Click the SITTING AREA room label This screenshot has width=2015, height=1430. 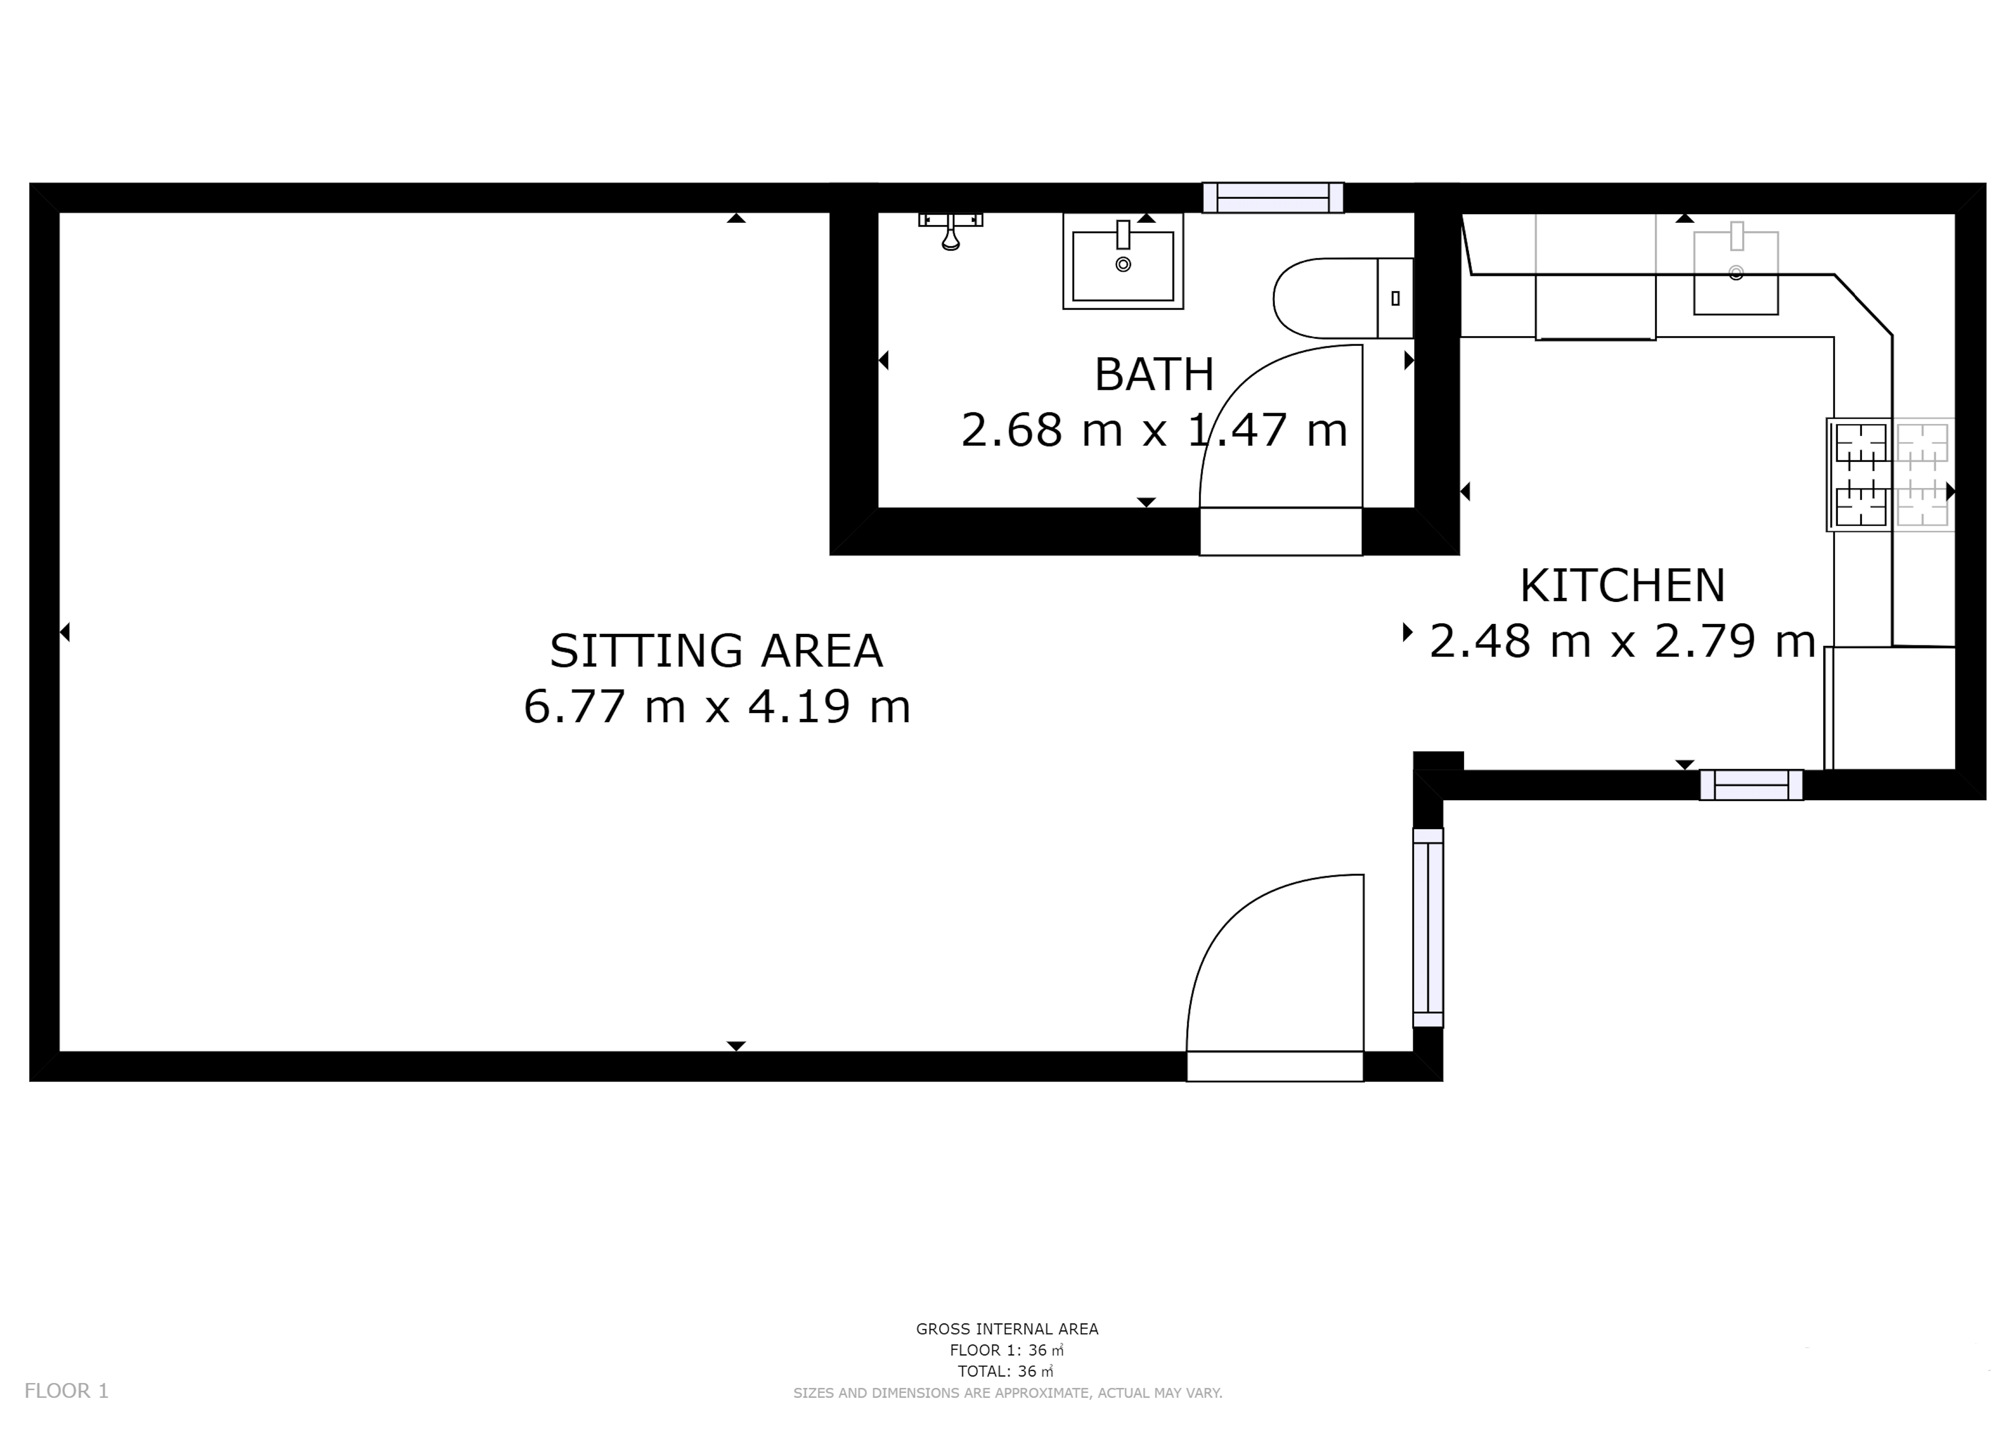716,651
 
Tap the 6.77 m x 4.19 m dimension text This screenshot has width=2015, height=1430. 717,706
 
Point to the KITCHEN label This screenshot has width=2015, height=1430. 1622,585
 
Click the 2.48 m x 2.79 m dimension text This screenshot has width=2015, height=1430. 1622,641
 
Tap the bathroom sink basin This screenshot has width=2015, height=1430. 1123,261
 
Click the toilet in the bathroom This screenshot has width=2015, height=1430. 1343,299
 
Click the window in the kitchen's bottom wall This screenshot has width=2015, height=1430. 1751,785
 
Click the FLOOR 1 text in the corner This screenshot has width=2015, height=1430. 66,1390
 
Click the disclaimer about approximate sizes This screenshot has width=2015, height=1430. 1007,1393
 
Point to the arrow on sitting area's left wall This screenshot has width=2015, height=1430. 64,632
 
